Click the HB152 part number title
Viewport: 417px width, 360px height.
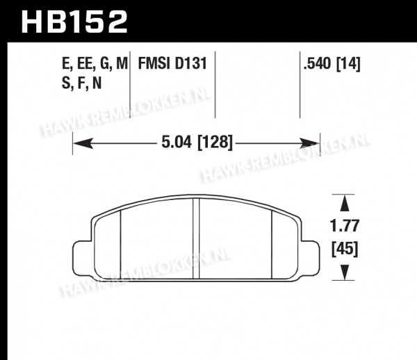pos(74,22)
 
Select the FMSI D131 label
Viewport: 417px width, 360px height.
pos(172,63)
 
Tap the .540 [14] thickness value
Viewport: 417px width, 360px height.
pos(332,64)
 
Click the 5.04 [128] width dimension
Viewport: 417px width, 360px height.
pos(197,142)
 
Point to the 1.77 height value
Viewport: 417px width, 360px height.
pos(345,225)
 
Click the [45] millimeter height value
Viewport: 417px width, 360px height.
pos(345,249)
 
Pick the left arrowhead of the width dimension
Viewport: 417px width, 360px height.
pos(83,143)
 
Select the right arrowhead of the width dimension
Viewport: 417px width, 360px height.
pos(309,143)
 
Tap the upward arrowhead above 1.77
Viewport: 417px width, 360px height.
pos(345,204)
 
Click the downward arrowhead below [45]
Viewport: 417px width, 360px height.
pos(345,272)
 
